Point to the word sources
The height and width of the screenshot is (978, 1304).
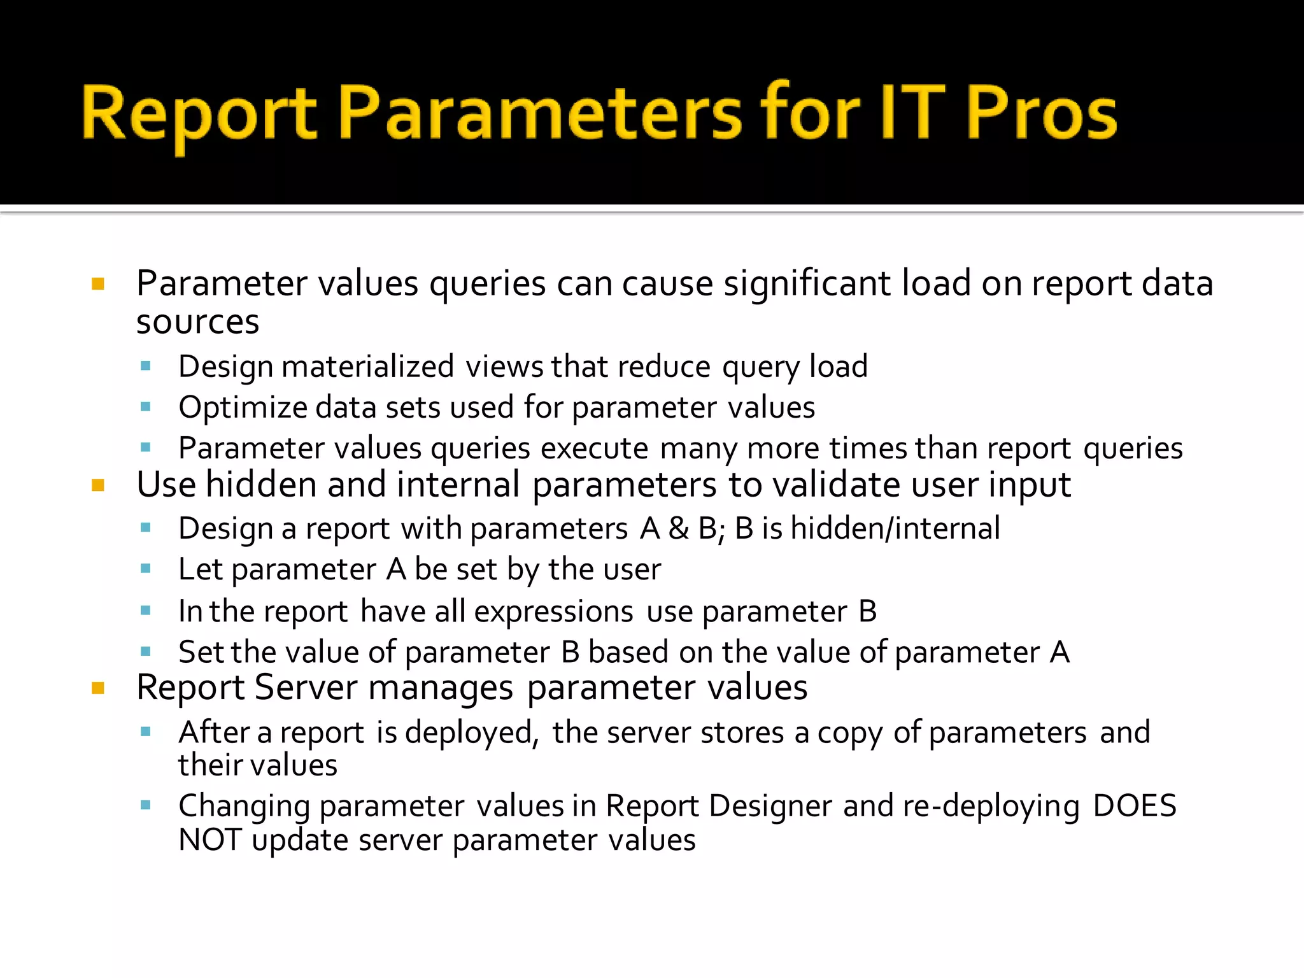click(197, 322)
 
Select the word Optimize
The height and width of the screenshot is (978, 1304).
click(243, 408)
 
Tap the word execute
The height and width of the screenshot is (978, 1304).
click(594, 448)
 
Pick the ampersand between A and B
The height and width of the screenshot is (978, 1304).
click(679, 528)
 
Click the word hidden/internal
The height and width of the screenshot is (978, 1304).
click(895, 528)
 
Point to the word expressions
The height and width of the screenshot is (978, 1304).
click(553, 611)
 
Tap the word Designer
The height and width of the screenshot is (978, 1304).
click(770, 806)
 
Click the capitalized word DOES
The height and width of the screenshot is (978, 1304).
click(1134, 806)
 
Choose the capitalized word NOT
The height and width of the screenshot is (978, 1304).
click(209, 840)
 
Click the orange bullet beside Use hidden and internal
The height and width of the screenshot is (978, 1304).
click(98, 486)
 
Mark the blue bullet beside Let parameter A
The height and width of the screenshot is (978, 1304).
click(146, 569)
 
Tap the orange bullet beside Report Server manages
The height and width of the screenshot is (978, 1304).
click(98, 688)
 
